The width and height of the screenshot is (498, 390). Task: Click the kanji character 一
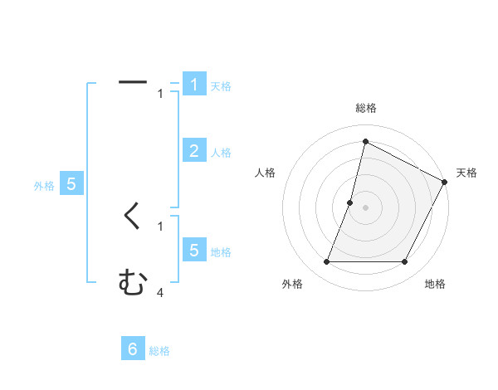click(x=133, y=82)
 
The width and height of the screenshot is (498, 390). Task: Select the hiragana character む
click(x=133, y=283)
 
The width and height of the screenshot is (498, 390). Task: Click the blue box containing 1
click(x=194, y=84)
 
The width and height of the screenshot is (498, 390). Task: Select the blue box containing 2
click(x=194, y=150)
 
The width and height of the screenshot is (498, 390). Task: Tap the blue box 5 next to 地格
click(x=194, y=250)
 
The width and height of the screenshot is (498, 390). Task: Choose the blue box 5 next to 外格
click(x=71, y=184)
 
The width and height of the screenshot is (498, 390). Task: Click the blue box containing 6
click(x=133, y=349)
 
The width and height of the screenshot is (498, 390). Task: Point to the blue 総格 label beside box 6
click(x=159, y=351)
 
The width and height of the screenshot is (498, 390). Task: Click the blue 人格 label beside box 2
click(x=221, y=153)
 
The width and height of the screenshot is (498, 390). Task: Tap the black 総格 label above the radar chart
click(x=366, y=108)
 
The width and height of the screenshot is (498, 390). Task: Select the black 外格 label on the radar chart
click(x=292, y=284)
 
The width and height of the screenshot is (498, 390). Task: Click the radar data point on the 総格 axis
click(x=365, y=142)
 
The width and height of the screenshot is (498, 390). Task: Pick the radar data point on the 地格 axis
click(x=404, y=262)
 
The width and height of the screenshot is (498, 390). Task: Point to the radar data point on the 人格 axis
click(x=350, y=202)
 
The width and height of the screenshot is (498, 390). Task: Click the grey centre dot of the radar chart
click(x=365, y=207)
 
